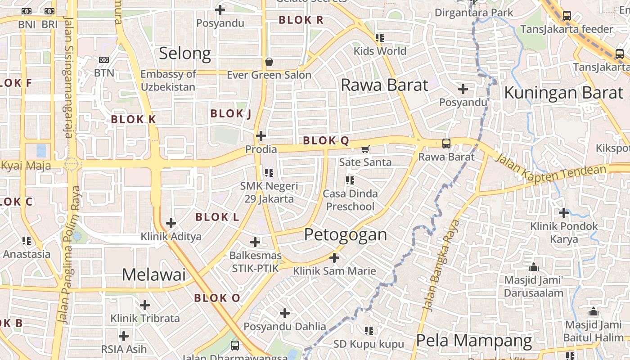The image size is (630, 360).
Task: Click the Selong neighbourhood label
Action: [185, 54]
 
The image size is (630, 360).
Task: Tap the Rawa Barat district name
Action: [384, 85]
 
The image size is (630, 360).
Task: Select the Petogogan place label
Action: [345, 234]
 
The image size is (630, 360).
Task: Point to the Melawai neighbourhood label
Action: [153, 274]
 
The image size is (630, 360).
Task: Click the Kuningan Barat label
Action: [563, 93]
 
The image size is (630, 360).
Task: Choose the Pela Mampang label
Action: [474, 341]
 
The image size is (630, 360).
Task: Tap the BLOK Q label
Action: [326, 141]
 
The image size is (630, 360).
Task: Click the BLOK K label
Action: [133, 119]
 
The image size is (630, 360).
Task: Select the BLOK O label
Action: [217, 298]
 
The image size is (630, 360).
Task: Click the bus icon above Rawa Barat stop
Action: [446, 144]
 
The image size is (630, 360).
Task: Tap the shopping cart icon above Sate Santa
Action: [365, 149]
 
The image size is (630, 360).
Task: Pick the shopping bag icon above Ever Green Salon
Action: [269, 62]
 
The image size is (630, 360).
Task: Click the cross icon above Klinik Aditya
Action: [171, 223]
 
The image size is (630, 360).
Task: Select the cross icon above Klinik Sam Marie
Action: [334, 258]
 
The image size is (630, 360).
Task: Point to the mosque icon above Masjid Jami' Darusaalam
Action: [534, 267]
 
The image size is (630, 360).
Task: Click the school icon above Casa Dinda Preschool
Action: [350, 181]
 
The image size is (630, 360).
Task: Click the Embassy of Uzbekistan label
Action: [168, 81]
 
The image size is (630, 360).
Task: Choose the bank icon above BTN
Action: [104, 60]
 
